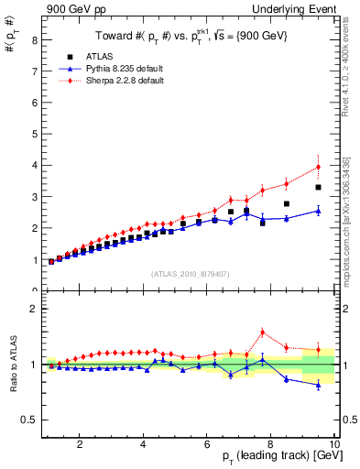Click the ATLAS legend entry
pos(111,56)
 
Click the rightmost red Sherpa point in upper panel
pos(318,167)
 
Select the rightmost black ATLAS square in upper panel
pos(318,187)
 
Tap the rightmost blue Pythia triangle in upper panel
pos(318,211)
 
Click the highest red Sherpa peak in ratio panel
pos(262,332)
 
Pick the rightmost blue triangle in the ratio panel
pos(318,385)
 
